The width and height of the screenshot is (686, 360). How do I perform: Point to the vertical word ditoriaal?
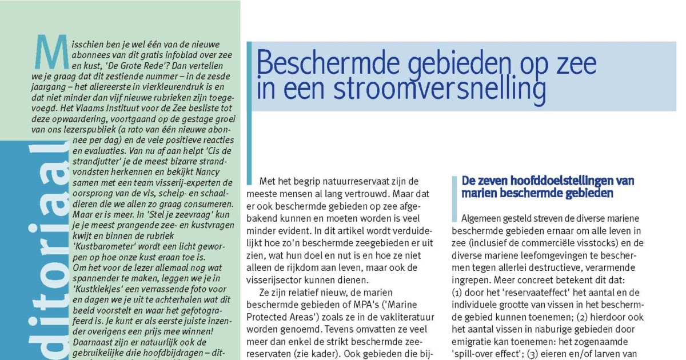[49, 246]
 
